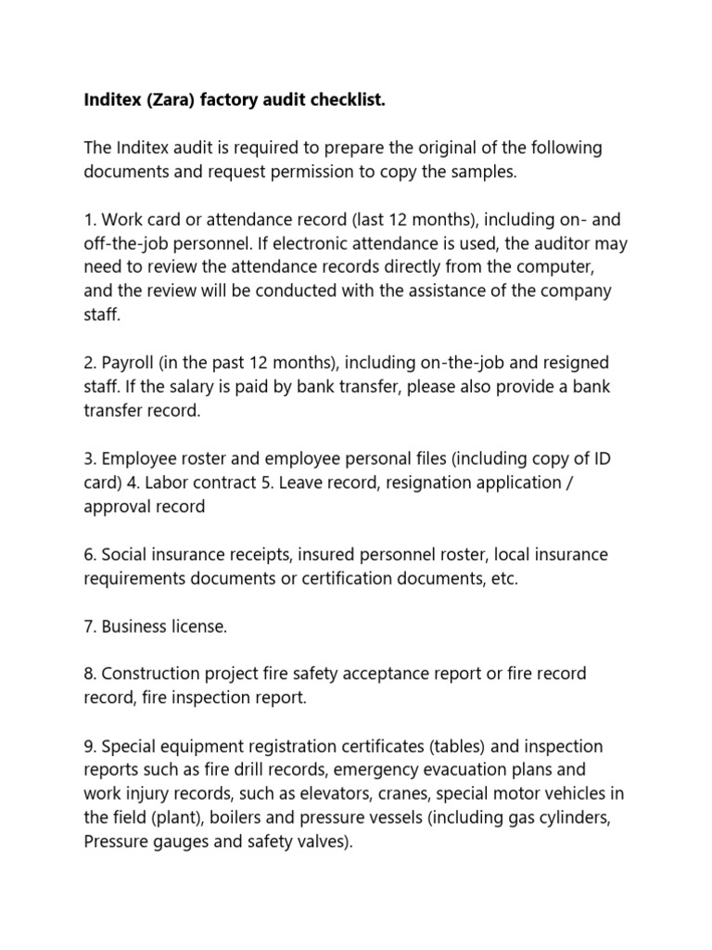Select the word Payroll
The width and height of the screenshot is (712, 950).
132,363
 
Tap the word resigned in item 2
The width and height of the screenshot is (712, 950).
564,363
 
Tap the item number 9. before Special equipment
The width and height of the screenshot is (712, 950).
91,747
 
